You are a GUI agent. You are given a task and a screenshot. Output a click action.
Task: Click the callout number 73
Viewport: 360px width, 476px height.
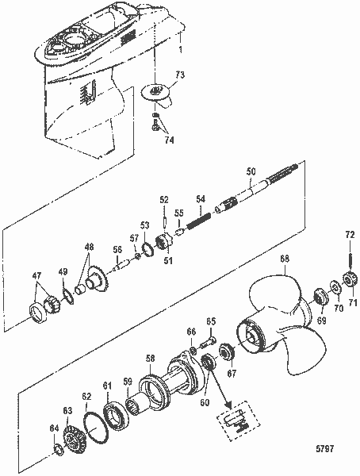180,75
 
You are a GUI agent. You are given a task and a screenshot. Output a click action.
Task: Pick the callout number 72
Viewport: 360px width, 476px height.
349,235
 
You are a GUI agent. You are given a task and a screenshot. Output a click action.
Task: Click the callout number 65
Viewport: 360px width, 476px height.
212,321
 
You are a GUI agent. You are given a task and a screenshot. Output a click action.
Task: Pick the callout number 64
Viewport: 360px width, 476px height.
53,428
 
